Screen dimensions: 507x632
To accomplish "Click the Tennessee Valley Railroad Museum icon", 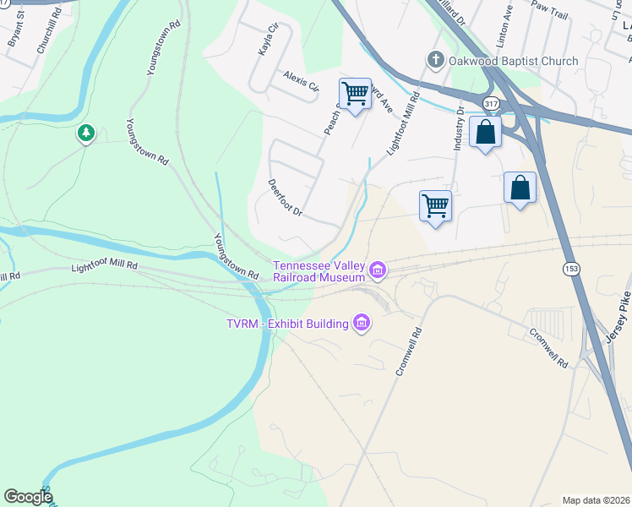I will [378, 270].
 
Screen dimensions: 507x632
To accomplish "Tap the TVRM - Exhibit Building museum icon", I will [362, 323].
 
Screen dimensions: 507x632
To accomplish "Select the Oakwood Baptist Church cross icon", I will [435, 60].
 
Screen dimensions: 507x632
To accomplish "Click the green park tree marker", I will [85, 134].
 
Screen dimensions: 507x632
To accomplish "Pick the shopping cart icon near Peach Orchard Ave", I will [355, 93].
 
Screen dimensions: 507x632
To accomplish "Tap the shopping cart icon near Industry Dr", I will [435, 205].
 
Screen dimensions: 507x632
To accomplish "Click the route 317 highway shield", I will [489, 103].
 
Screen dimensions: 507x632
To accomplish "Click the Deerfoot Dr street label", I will [285, 196].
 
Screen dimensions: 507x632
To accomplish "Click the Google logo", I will [28, 497].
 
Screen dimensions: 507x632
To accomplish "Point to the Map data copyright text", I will [596, 500].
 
